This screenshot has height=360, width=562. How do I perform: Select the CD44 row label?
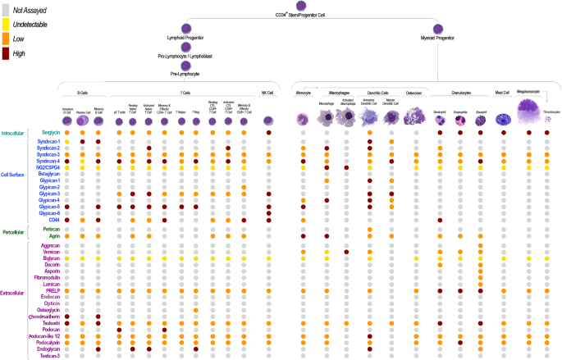coord(54,219)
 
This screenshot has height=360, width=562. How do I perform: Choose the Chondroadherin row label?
coord(43,316)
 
